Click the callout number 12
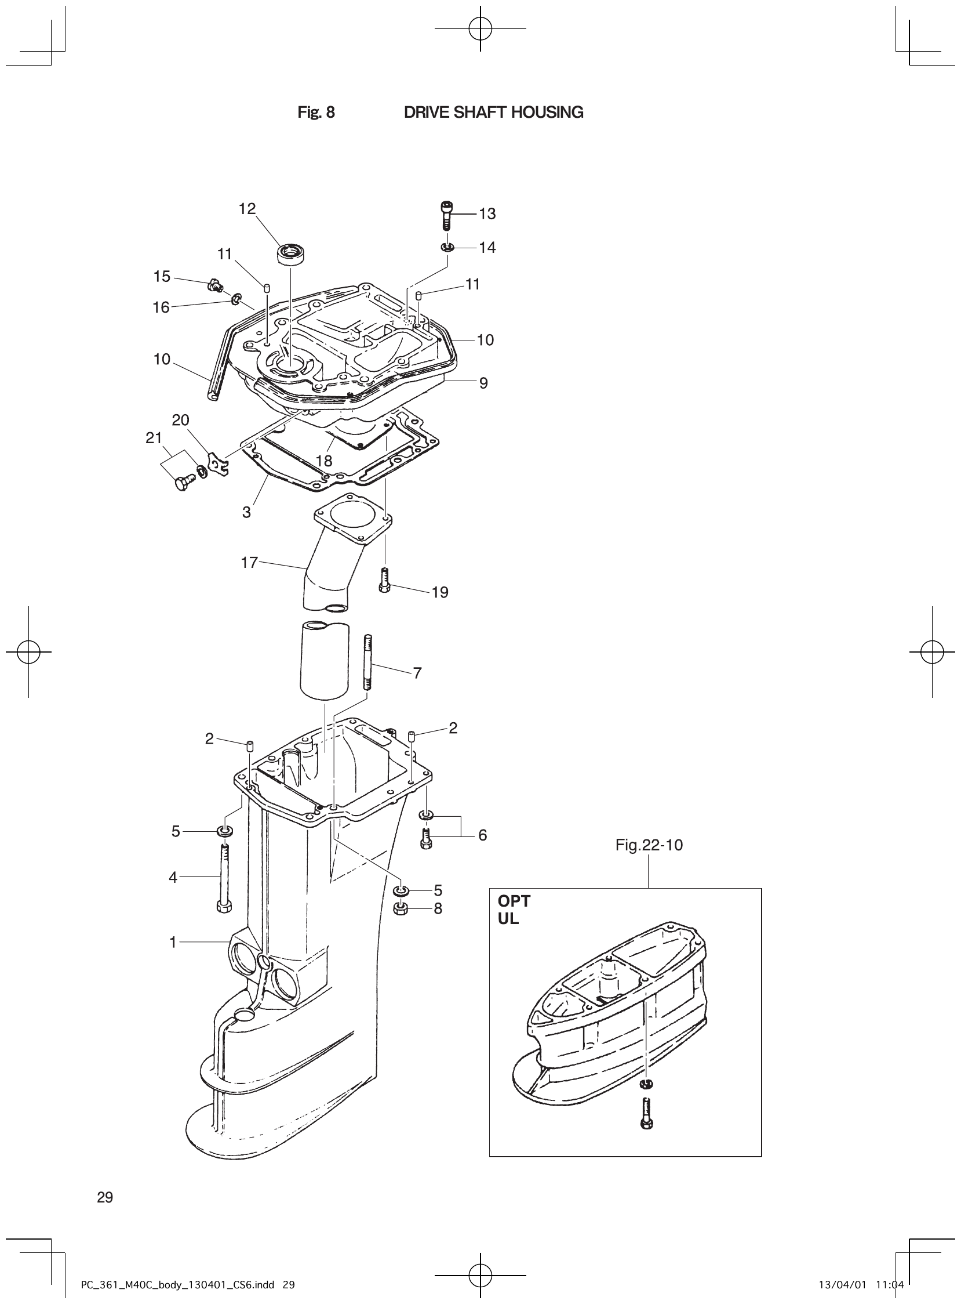click(x=247, y=208)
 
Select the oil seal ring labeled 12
click(x=292, y=255)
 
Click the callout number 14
click(x=487, y=248)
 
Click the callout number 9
click(x=483, y=383)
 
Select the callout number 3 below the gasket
click(x=247, y=512)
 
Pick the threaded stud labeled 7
click(x=367, y=663)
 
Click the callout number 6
click(x=482, y=835)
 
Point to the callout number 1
click(x=173, y=943)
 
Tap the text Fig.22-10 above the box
click(x=649, y=845)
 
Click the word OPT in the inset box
click(x=514, y=901)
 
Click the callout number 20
click(x=180, y=420)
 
